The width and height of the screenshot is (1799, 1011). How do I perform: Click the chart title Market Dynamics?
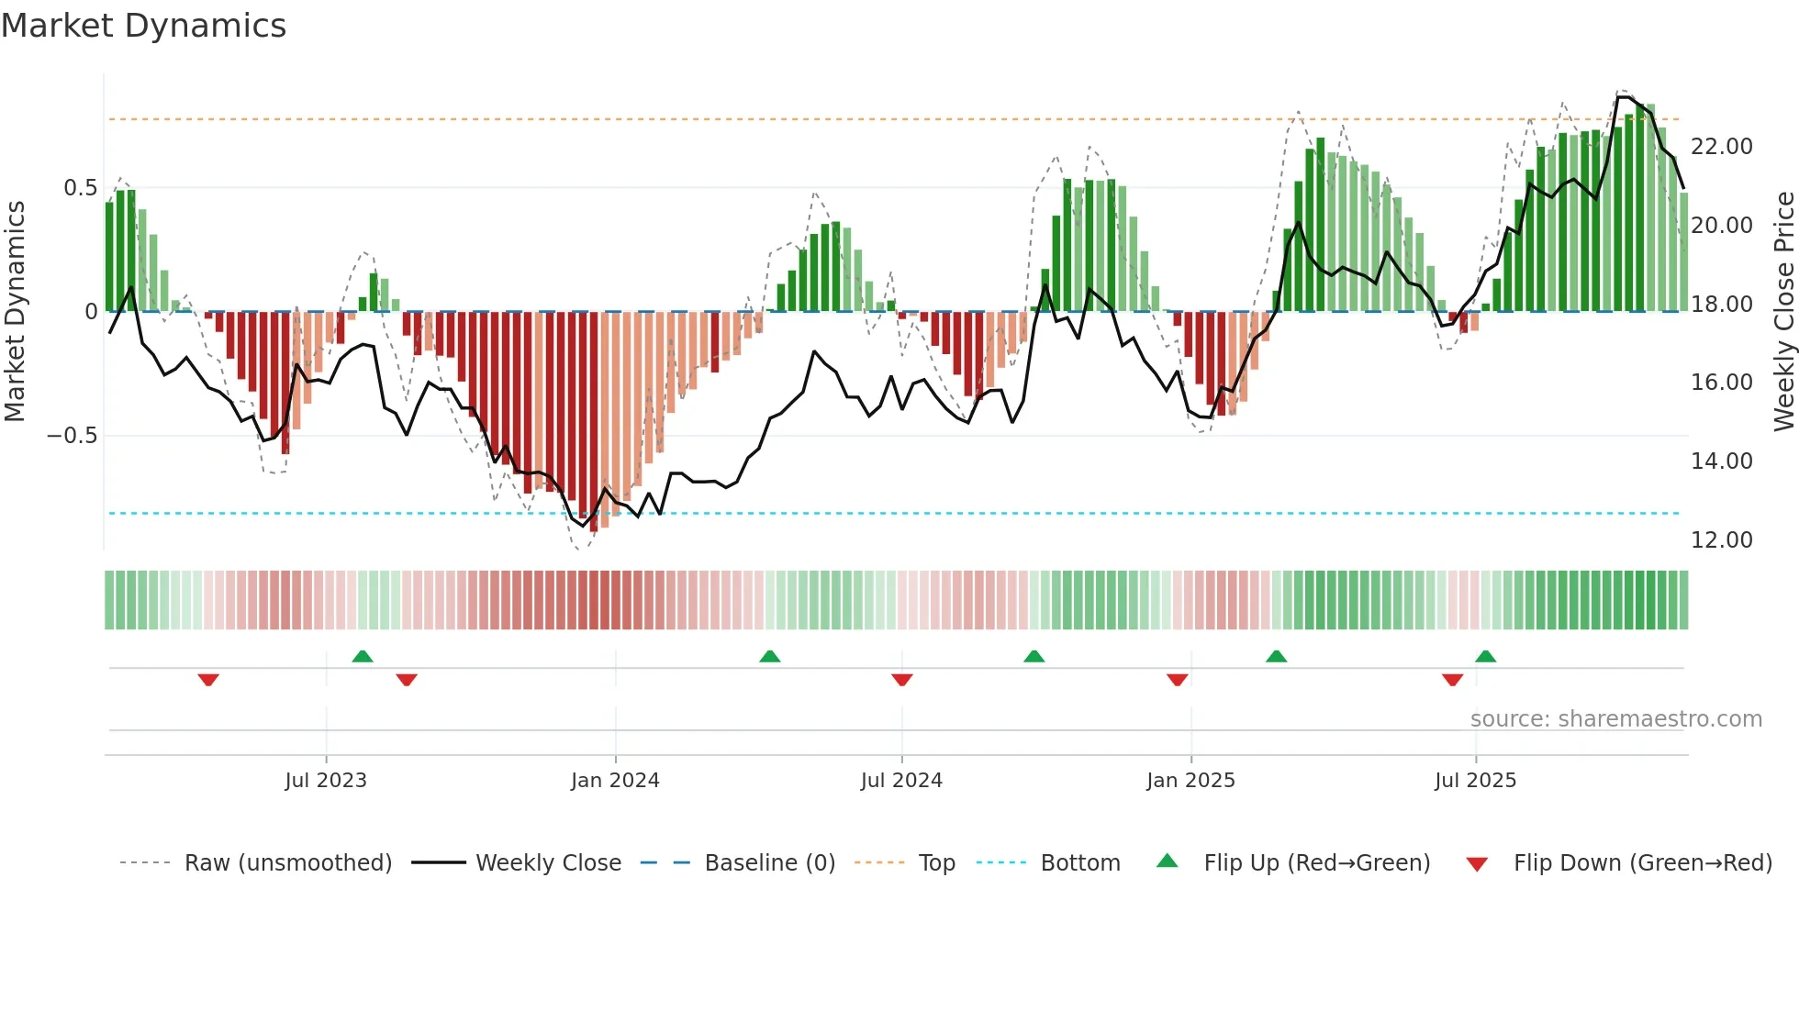[x=143, y=26]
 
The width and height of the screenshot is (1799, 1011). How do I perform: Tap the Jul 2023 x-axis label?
[x=325, y=781]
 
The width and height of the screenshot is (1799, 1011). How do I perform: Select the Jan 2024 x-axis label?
[x=614, y=781]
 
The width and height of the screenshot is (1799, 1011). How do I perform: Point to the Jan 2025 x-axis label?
[x=1190, y=781]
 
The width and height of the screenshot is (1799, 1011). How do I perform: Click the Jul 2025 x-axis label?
[x=1475, y=781]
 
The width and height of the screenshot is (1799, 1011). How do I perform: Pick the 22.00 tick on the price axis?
[x=1721, y=147]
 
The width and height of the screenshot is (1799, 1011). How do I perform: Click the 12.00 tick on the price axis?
[x=1721, y=540]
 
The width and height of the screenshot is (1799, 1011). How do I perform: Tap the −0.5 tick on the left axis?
[x=72, y=436]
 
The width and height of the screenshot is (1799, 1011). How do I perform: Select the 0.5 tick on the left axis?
[x=80, y=188]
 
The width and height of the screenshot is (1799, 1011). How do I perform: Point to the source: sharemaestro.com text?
[x=1615, y=719]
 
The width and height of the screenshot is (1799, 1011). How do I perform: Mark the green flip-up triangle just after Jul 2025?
[x=1485, y=657]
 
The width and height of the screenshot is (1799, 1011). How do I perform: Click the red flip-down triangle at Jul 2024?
[x=901, y=680]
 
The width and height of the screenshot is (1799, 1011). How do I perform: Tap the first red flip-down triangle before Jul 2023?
[x=208, y=680]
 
